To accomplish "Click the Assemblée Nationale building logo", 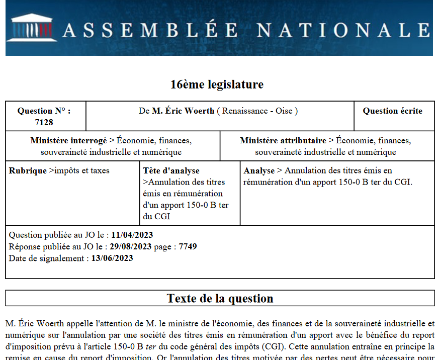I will (31, 27).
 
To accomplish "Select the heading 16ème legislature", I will (217, 84).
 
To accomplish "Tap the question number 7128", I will (44, 122).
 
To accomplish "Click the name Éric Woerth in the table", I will (183, 111).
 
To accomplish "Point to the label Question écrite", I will (392, 111).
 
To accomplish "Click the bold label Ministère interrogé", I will (68, 141).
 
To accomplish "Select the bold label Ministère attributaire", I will (283, 141).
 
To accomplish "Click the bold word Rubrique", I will (28, 171).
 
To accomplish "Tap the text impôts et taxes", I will (81, 171).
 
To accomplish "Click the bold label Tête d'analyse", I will (171, 171).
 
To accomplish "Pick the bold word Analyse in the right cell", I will (259, 171).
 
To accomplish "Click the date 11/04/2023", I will (132, 235).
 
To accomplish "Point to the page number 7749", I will (188, 247).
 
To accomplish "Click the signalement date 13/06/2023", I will (112, 258).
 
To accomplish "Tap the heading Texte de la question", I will (220, 299).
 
